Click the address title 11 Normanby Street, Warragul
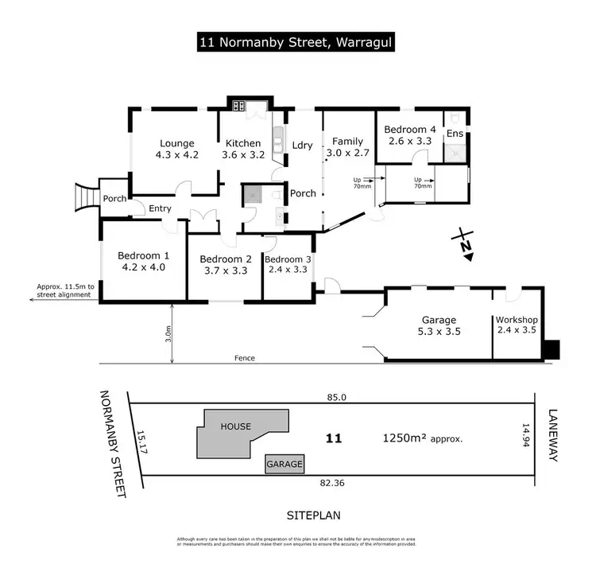point(298,41)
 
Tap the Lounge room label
point(176,143)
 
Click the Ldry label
point(302,146)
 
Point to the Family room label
point(347,141)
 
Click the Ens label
point(455,134)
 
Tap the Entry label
point(160,208)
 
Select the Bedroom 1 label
point(144,255)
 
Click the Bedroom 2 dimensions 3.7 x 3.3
point(225,271)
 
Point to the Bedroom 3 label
point(288,259)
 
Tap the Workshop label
point(518,319)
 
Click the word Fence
point(245,358)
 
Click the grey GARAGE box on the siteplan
point(284,464)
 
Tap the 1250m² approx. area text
point(422,438)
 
